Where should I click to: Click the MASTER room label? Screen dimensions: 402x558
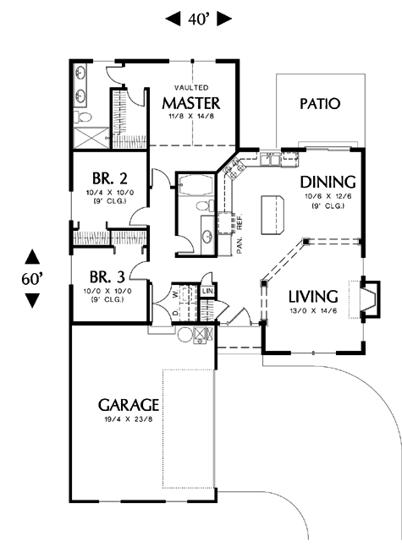[x=191, y=103]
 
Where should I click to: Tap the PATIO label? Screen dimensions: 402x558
[x=320, y=104]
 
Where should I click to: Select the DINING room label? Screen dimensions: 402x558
[x=328, y=182]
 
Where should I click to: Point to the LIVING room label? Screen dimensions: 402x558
[x=313, y=297]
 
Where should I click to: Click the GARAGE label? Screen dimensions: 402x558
[x=129, y=405]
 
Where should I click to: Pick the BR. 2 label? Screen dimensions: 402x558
[x=109, y=178]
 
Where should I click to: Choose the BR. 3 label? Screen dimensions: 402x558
[x=107, y=276]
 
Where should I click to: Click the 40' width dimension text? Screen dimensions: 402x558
[x=198, y=19]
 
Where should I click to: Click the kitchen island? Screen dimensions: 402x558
[x=273, y=215]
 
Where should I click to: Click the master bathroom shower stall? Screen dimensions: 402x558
[x=91, y=137]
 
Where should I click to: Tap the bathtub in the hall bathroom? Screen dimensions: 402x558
[x=195, y=184]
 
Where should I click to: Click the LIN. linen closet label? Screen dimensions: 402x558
[x=208, y=292]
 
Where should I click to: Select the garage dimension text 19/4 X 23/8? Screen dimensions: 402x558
[x=129, y=419]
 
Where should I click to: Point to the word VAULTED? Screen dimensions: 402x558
[x=191, y=87]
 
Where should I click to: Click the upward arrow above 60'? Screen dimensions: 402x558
[x=32, y=256]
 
